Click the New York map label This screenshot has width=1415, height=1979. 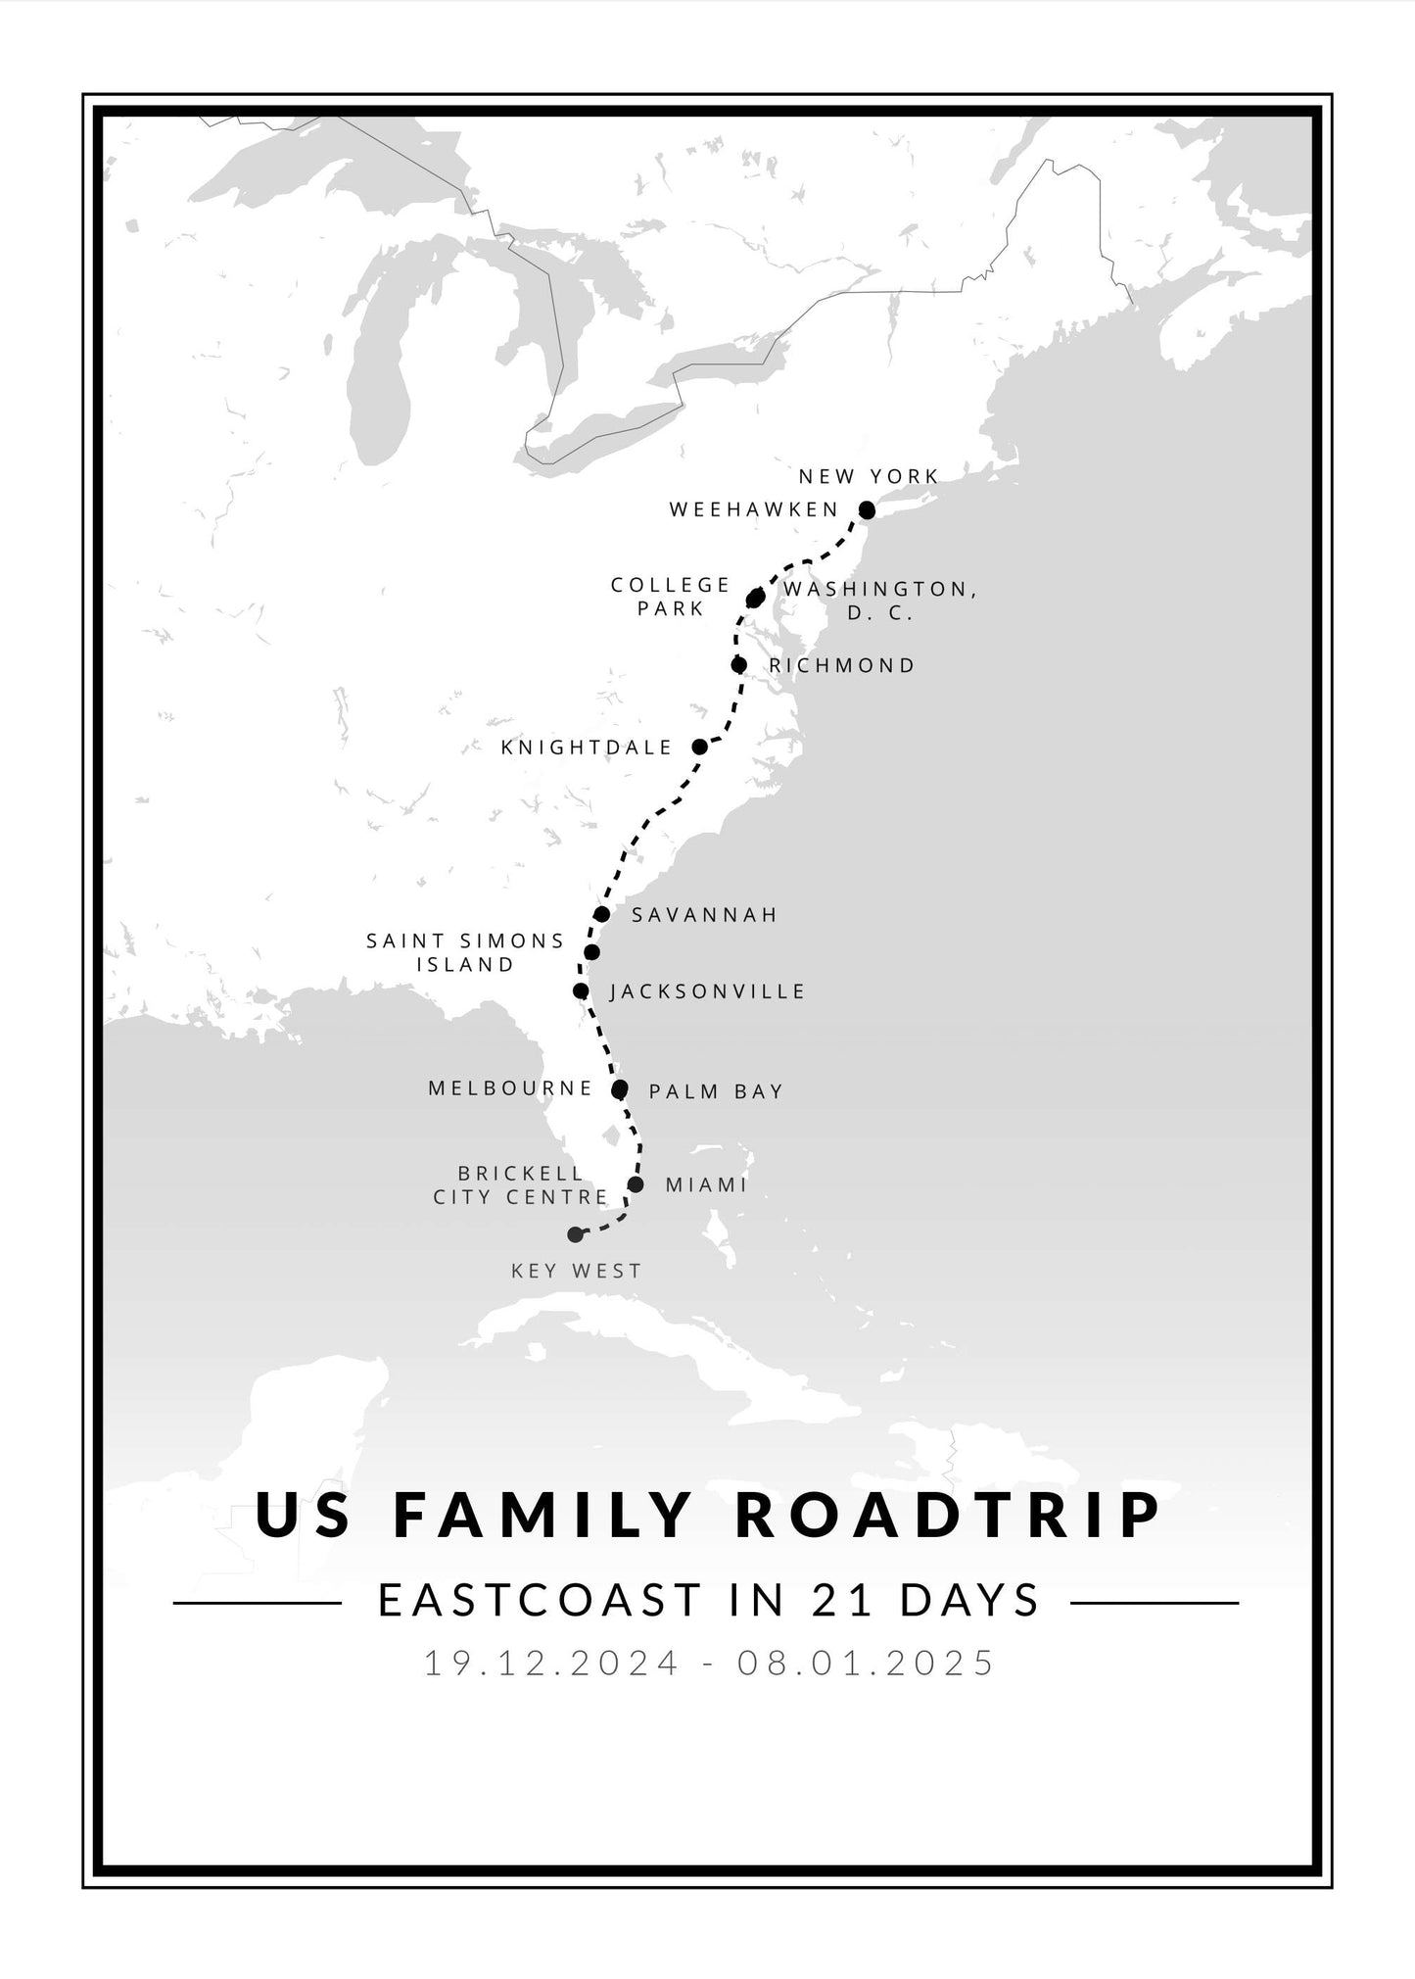[x=868, y=477]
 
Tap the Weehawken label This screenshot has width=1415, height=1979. [x=754, y=509]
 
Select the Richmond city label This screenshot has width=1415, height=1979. [x=842, y=666]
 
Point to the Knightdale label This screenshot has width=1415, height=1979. [x=587, y=748]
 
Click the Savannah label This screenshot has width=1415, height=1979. [x=704, y=915]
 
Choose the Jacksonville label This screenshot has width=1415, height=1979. [x=707, y=991]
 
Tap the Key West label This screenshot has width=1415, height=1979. [x=577, y=1271]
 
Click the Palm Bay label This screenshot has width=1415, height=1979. [x=716, y=1091]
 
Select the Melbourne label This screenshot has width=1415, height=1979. [x=510, y=1088]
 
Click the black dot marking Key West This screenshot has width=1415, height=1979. [x=575, y=1234]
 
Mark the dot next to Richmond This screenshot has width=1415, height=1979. [x=739, y=665]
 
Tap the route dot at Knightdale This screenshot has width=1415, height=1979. [x=699, y=747]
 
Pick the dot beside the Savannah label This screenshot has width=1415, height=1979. [x=602, y=914]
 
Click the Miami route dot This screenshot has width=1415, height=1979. [x=636, y=1184]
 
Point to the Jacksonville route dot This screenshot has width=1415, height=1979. [x=581, y=990]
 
